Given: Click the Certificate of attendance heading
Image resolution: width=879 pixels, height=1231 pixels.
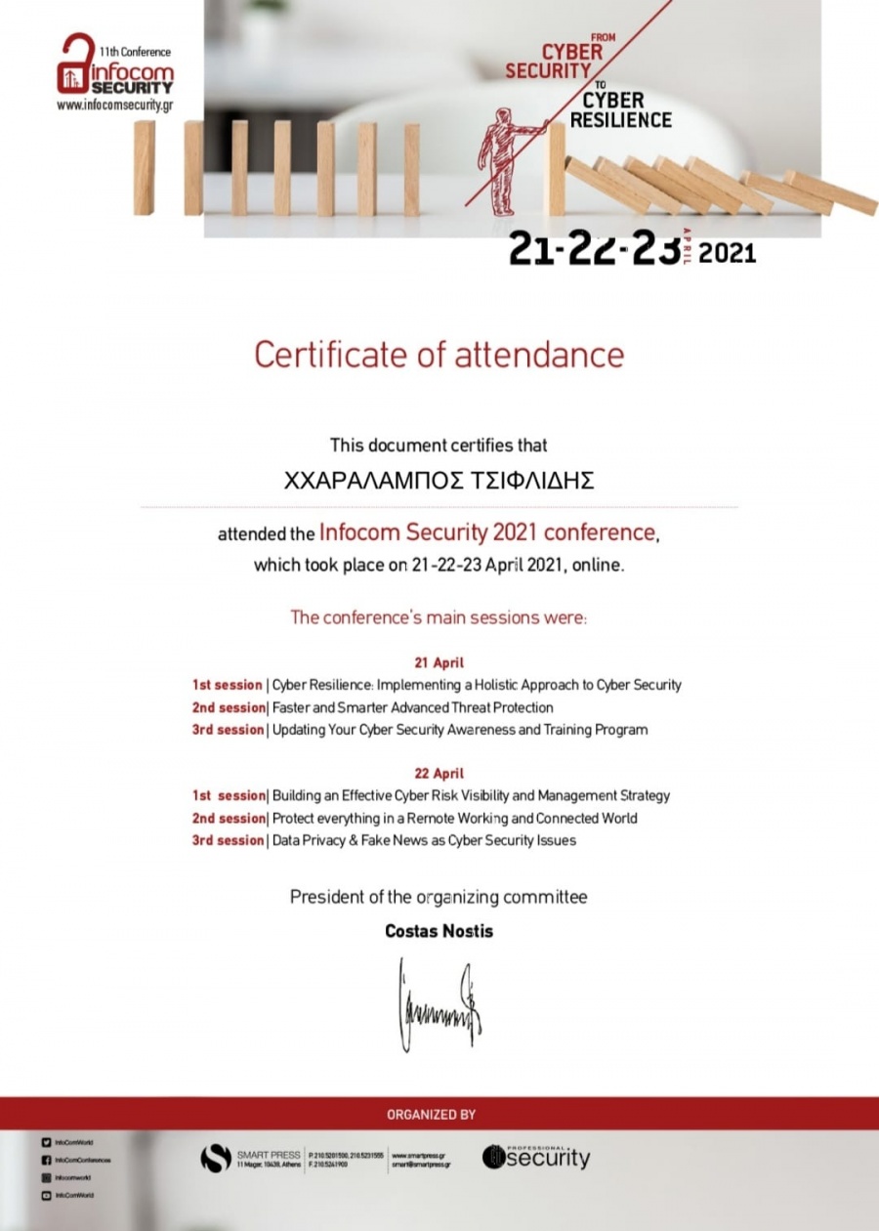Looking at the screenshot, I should coord(439,354).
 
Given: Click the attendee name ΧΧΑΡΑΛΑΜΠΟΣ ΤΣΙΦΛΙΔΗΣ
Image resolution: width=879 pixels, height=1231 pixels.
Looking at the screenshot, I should coord(439,481).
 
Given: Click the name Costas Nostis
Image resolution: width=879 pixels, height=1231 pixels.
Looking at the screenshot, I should coord(439,931).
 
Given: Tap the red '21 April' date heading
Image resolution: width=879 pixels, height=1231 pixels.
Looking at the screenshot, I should coord(439,662).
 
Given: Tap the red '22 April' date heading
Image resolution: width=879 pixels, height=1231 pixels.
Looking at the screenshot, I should coord(439,773).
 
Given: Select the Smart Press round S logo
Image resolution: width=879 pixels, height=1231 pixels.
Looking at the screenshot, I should coord(216,1159).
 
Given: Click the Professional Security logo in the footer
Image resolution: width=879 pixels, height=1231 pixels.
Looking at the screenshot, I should coord(536,1158).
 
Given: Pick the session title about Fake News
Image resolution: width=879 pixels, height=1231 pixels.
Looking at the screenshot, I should coord(424,840).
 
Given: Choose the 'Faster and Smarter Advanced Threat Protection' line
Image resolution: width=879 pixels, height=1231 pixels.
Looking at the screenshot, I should coord(412,707).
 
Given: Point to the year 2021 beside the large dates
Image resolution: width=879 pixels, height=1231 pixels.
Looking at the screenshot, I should coord(728,253).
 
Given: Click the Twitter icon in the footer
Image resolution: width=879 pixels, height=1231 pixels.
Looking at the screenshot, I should coord(46,1142).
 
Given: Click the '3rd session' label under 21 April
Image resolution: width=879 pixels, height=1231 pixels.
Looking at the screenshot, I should coord(228,730).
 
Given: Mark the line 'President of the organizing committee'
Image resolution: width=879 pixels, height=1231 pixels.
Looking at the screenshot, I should coord(439,897).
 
